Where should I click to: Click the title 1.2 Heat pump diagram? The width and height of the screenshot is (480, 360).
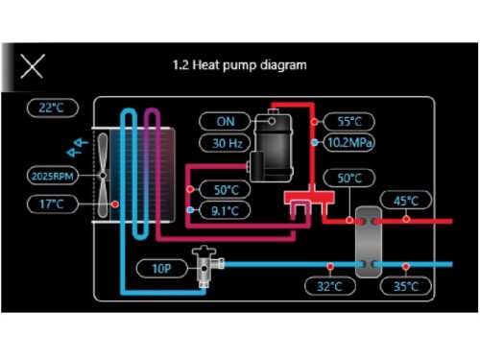(239, 65)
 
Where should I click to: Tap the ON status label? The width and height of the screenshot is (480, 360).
(224, 122)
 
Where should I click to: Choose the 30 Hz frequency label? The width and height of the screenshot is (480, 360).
(224, 143)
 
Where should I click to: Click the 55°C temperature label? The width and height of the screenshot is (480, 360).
(348, 122)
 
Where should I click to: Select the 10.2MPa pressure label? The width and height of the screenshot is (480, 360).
(349, 143)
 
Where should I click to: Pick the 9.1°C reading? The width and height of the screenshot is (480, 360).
(227, 209)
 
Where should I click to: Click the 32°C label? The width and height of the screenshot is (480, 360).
(328, 286)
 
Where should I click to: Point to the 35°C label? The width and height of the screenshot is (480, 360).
(406, 286)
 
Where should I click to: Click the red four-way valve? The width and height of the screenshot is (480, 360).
(306, 203)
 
